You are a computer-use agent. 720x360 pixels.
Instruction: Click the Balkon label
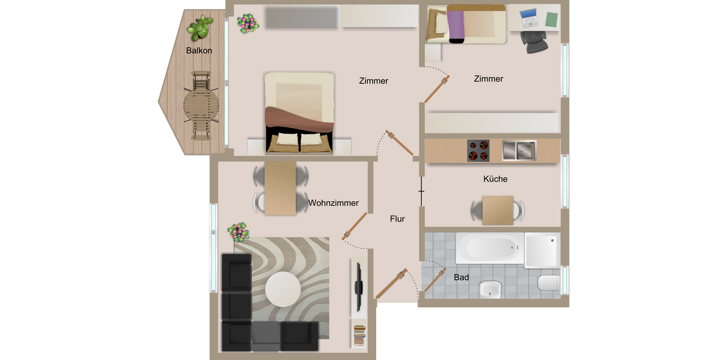click(x=199, y=51)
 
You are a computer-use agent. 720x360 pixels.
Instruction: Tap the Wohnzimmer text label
click(x=334, y=203)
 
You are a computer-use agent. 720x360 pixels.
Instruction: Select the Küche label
click(x=495, y=179)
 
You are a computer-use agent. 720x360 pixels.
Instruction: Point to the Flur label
click(x=397, y=219)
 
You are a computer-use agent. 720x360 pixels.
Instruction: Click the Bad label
click(x=461, y=278)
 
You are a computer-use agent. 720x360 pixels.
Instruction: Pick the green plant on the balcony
click(x=200, y=27)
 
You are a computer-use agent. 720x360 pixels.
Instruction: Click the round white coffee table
click(x=283, y=289)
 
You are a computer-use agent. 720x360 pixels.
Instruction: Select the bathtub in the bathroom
click(x=489, y=247)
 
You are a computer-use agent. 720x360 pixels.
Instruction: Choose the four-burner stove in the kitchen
click(x=478, y=151)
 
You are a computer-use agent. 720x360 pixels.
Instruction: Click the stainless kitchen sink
click(x=519, y=151)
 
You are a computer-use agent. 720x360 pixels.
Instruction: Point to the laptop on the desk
click(x=529, y=19)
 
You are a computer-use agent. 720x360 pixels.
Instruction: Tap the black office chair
click(x=533, y=41)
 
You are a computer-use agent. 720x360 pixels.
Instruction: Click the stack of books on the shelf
click(x=358, y=334)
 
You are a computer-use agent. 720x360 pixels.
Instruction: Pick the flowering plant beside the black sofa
click(x=238, y=232)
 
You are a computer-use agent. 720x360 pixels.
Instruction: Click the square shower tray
click(x=542, y=250)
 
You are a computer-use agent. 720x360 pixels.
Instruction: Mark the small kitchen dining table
click(x=497, y=210)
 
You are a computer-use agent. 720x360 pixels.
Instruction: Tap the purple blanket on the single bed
click(x=457, y=25)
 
